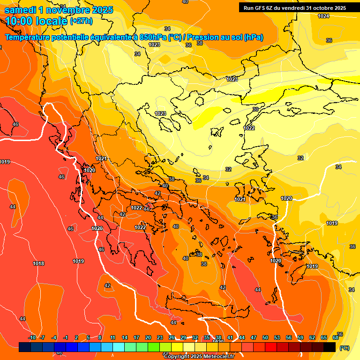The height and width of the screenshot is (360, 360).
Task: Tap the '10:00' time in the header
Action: pos(18,21)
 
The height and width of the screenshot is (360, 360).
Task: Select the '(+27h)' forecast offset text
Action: pos(81,21)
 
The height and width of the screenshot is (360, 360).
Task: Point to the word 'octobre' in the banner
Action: pos(321,7)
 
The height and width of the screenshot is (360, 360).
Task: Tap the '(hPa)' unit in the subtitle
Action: pos(253,37)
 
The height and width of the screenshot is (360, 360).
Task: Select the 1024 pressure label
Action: pos(323,16)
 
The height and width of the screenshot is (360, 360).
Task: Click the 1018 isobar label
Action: pos(38,263)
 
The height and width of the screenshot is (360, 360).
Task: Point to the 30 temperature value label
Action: pos(255,109)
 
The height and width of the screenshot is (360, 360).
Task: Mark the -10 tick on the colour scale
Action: pos(32,337)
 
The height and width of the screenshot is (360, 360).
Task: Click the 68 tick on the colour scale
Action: pos(336,337)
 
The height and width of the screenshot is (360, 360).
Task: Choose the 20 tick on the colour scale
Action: pos(148,337)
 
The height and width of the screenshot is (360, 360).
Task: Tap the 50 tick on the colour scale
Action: pos(265,337)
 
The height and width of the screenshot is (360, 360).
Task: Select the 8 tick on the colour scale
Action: pos(100,337)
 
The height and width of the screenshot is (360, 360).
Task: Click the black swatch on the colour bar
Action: pos(330,347)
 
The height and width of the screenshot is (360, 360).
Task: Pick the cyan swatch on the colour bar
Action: pos(119,347)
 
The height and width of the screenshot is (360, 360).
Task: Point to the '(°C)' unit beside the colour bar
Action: pos(345,347)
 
